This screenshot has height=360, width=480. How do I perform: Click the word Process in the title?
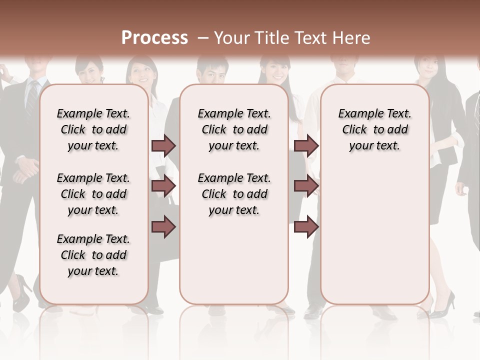[154, 38]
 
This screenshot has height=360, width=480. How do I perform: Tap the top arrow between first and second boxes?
[163, 145]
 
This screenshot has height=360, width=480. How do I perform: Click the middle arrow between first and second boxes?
[163, 186]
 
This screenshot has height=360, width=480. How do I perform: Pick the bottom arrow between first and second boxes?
[163, 226]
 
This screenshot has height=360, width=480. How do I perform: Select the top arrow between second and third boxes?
[306, 145]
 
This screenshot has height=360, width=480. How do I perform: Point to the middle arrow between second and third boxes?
[306, 186]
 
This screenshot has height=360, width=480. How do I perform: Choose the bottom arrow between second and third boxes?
[306, 226]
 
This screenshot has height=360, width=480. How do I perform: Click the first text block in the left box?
[93, 129]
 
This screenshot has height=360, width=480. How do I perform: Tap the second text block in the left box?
[93, 194]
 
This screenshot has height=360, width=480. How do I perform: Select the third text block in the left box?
[93, 255]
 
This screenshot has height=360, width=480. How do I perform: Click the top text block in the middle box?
[234, 129]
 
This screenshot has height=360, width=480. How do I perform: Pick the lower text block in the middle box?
[234, 194]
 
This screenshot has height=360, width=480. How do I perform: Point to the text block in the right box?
[374, 129]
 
